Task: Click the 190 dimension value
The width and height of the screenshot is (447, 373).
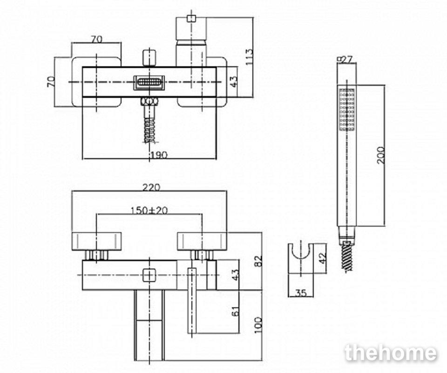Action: [x=159, y=155]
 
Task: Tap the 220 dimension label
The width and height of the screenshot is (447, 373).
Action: [x=151, y=187]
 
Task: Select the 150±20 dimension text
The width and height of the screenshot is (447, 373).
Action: [x=149, y=210]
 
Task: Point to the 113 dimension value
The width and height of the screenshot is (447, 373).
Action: [x=249, y=57]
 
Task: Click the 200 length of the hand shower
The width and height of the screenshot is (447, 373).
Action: [x=381, y=155]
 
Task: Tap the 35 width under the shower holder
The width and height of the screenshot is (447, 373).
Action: [x=301, y=292]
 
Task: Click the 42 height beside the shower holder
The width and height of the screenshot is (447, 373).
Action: [x=322, y=258]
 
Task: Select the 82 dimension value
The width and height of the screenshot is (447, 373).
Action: [x=258, y=261]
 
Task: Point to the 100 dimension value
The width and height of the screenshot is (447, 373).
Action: [x=258, y=325]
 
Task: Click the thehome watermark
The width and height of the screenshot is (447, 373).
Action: [x=391, y=353]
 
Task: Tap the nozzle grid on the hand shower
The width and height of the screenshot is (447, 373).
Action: [x=346, y=110]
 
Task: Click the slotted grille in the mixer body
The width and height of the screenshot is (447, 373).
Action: [x=149, y=82]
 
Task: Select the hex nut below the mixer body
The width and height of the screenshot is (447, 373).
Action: [x=149, y=102]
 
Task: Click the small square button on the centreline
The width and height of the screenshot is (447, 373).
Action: [x=149, y=275]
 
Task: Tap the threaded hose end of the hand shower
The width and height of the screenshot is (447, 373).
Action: [x=347, y=256]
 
